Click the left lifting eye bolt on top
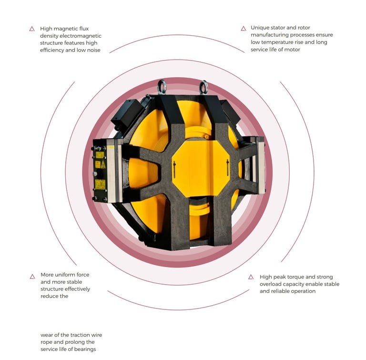(162, 87)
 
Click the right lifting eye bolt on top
(203, 87)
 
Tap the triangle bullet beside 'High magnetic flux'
(32, 29)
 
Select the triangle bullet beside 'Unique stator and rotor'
(244, 29)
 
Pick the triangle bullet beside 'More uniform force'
(32, 277)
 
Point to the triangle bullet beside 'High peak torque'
(251, 277)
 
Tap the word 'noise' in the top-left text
(93, 50)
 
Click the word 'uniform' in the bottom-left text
(65, 275)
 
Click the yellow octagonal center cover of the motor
(201, 168)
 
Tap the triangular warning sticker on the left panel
(103, 165)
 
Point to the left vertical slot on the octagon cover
(174, 169)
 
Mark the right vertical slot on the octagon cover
(228, 168)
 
